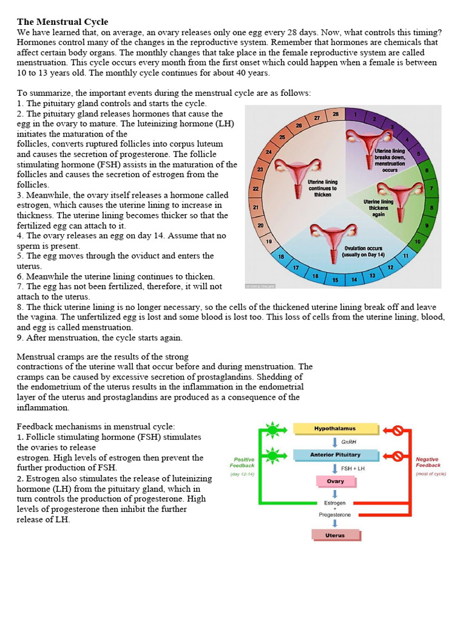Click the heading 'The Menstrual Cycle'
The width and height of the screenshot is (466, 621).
62,22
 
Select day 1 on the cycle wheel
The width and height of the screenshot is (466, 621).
354,114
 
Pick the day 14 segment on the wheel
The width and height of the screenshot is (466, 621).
354,280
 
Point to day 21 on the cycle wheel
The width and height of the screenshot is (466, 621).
255,207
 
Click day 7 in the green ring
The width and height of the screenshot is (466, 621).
430,189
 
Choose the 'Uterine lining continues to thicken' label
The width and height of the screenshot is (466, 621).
322,188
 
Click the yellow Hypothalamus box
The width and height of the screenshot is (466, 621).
334,429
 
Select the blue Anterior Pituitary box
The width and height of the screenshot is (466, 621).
335,455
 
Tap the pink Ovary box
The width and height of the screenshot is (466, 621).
335,482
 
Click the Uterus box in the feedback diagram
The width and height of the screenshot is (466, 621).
334,535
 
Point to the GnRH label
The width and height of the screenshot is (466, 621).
348,442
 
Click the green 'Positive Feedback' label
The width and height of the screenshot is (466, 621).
243,463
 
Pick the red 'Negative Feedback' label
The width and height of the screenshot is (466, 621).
427,463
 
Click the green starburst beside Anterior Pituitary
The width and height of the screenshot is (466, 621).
272,455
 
